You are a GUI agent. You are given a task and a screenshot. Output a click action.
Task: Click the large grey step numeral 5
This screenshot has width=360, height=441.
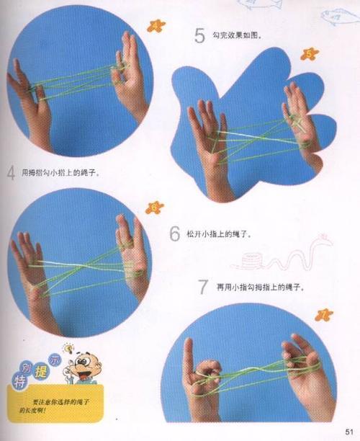(x=199, y=35)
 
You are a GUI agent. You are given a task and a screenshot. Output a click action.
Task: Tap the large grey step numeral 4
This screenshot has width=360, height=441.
(x=11, y=173)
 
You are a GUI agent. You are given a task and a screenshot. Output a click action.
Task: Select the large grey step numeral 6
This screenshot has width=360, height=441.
(x=175, y=234)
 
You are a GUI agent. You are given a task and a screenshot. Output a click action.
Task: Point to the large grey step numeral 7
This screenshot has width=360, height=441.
(x=204, y=288)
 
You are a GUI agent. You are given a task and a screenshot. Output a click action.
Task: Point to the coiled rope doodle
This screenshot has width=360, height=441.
(x=251, y=258)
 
